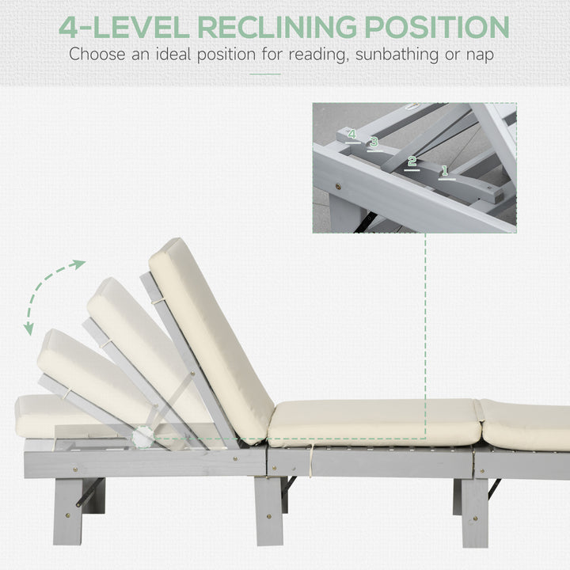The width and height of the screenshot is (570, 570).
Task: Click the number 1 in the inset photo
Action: (445, 169)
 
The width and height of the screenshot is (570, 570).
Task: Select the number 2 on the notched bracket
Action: (412, 161)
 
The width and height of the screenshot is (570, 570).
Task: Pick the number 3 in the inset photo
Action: (374, 142)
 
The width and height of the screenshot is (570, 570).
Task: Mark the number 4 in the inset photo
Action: (351, 135)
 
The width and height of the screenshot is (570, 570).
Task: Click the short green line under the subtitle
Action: (265, 74)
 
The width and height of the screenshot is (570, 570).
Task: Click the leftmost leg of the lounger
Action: (67, 511)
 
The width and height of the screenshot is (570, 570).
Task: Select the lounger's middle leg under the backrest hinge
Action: (268, 511)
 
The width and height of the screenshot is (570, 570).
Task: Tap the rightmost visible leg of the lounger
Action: (475, 511)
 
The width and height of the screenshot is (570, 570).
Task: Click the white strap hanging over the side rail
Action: (311, 459)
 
